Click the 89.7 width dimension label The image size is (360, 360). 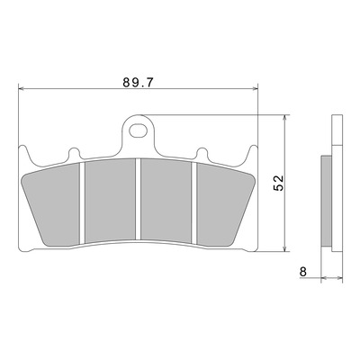pyautogui.click(x=138, y=82)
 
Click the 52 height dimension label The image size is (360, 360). pyautogui.click(x=278, y=184)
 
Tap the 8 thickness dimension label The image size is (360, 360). pyautogui.click(x=303, y=272)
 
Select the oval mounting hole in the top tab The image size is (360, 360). pyautogui.click(x=139, y=130)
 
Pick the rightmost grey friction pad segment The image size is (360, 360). pyautogui.click(x=223, y=205)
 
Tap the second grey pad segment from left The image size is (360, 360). pyautogui.click(x=110, y=201)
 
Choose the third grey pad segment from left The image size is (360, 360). pyautogui.click(x=166, y=201)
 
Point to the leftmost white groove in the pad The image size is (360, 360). pyautogui.click(x=83, y=202)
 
